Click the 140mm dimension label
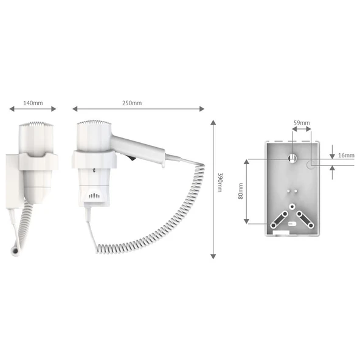(x=33, y=103)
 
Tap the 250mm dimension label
(x=132, y=103)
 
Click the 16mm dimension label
(x=345, y=156)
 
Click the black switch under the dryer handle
(x=130, y=159)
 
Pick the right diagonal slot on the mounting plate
(x=305, y=218)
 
